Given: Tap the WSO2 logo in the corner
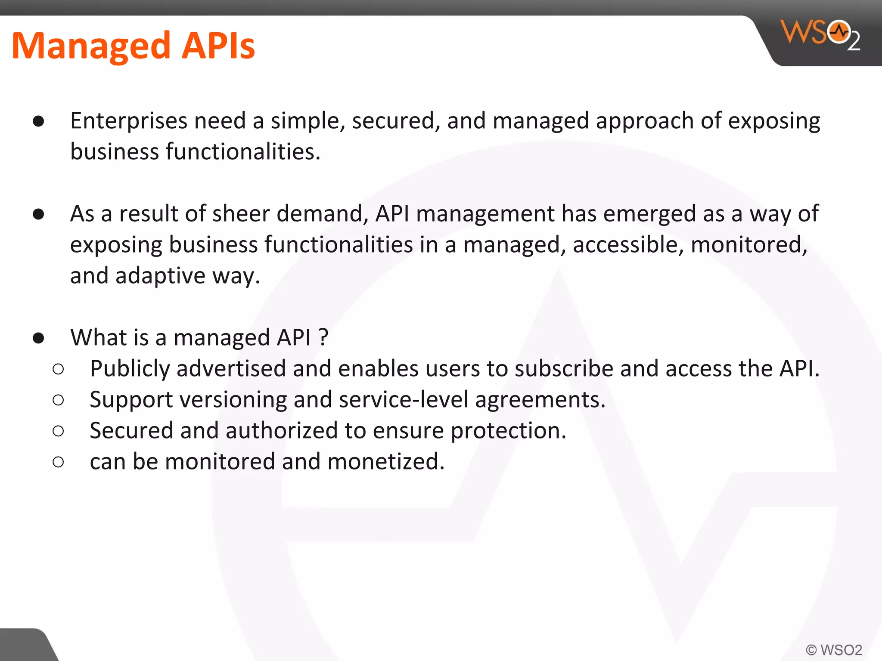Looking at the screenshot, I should coord(820,35).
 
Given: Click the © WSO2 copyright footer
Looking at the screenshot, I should coord(834,649).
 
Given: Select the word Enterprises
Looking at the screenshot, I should coord(129,121).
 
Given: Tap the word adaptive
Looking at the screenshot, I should coord(161,276).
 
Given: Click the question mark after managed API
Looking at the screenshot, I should coord(324,337).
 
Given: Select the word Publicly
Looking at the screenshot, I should coord(130,369).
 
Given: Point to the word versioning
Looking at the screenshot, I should coord(233,400).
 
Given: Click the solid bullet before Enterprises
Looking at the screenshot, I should coord(38,121).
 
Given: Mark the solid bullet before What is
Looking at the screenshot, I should coord(38,338).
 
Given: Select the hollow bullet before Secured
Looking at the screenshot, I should coord(58,431).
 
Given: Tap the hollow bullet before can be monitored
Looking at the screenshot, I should coord(58,462).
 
